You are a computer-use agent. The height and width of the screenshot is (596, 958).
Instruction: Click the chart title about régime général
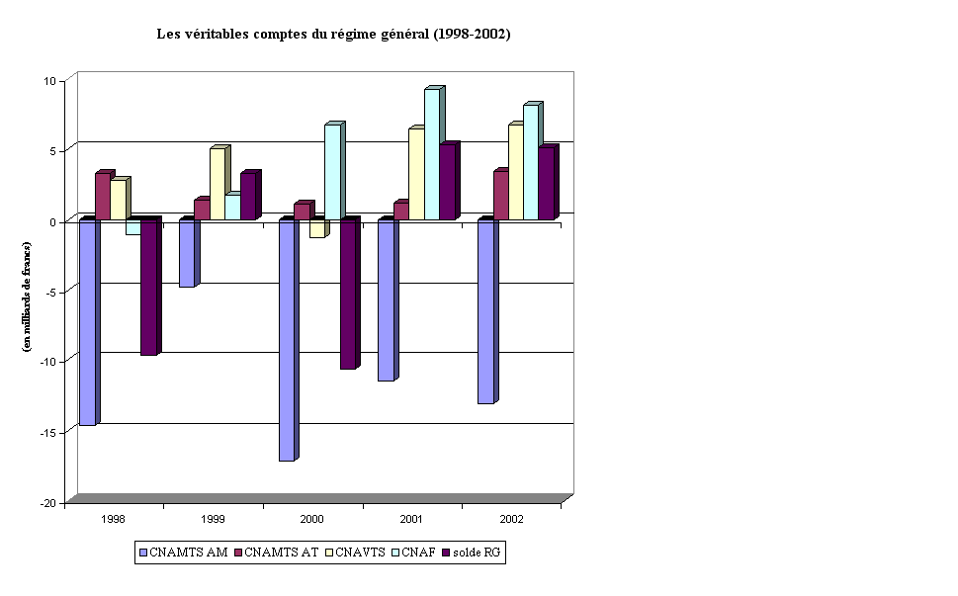point(333,34)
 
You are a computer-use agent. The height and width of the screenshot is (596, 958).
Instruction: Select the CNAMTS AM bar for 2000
point(287,340)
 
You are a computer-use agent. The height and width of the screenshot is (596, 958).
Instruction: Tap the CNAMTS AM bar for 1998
point(87,322)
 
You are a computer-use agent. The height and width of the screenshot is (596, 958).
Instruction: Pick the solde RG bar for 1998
point(148,287)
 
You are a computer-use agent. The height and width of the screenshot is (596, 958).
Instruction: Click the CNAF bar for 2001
point(432,154)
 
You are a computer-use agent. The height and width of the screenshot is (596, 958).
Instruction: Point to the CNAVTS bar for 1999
point(217,184)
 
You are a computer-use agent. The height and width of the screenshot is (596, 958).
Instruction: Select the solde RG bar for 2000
point(348,294)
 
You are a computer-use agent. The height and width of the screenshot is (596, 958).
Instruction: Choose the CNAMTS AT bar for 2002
point(500,196)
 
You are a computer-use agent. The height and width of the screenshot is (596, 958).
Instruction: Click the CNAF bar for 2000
point(332,172)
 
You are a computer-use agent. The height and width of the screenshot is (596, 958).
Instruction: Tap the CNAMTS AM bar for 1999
point(186,253)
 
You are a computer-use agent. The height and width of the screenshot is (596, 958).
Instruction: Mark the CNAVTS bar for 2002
point(516,172)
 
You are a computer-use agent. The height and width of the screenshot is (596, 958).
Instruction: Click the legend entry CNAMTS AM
point(185,553)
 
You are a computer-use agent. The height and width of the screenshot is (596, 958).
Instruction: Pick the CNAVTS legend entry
point(357,553)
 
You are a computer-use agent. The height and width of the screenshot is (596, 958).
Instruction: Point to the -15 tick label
point(46,432)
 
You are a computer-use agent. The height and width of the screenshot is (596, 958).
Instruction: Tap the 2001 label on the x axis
point(411,519)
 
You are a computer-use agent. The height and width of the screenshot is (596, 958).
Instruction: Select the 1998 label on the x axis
point(113,519)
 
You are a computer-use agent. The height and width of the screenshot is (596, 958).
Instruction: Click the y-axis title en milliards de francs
point(27,297)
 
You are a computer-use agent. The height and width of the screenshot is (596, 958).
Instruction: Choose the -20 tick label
point(46,503)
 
